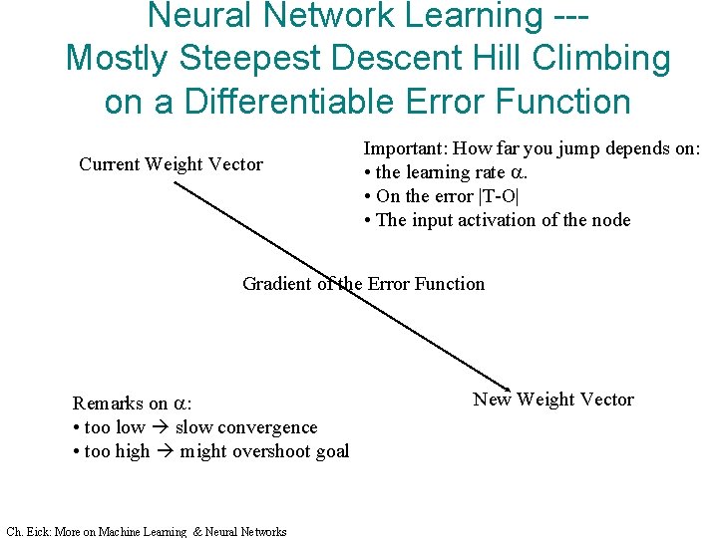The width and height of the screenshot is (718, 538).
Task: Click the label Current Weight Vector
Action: pyautogui.click(x=171, y=164)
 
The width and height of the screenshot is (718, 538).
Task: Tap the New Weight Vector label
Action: pyautogui.click(x=552, y=400)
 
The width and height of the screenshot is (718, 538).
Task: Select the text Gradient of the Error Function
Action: pyautogui.click(x=363, y=284)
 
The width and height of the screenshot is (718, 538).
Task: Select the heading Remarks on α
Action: pyautogui.click(x=132, y=403)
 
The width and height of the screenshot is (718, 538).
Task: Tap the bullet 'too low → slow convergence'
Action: pyautogui.click(x=194, y=427)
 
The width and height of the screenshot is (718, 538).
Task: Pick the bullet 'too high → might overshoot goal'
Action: pyautogui.click(x=210, y=451)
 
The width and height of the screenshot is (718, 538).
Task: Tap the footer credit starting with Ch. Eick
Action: pyautogui.click(x=146, y=531)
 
